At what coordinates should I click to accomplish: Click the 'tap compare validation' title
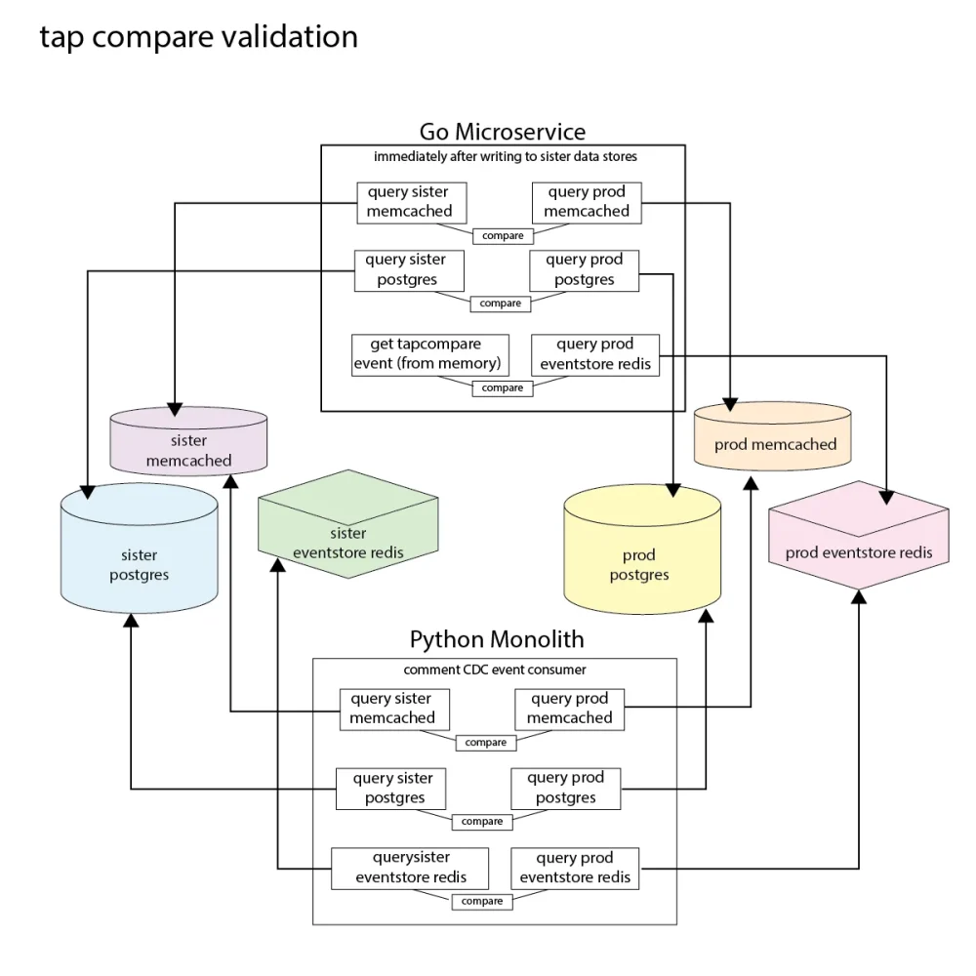(198, 37)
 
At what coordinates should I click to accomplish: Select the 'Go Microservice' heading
(503, 132)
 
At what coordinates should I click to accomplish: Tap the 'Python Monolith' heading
(497, 640)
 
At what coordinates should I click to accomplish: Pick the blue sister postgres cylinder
(140, 551)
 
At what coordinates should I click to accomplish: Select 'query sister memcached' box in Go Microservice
(410, 202)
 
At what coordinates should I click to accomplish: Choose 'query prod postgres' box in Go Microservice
(585, 270)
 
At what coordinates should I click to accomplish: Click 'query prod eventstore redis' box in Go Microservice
(595, 354)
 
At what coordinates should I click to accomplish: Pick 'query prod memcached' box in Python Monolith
(570, 709)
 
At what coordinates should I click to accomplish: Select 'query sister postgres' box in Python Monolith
(392, 789)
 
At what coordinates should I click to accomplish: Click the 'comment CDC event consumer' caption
(495, 671)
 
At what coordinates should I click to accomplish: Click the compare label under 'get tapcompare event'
(503, 388)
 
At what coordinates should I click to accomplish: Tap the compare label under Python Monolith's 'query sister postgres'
(482, 822)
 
